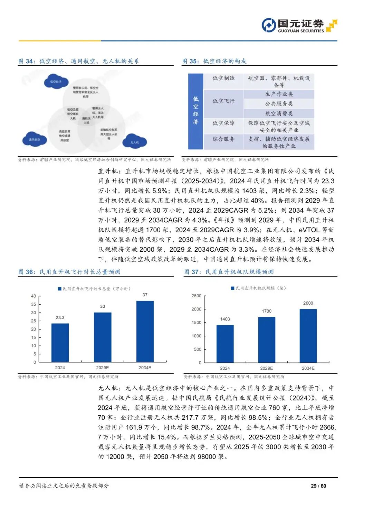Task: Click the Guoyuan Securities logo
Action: point(299,25)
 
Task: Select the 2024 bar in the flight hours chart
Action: point(60,343)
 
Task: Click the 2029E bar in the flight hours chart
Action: point(103,337)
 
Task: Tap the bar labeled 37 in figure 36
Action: point(145,331)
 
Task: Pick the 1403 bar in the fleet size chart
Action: point(225,344)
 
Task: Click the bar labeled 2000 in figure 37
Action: point(308,335)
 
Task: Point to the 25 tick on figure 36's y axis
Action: point(34,321)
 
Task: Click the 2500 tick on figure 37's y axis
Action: point(197,296)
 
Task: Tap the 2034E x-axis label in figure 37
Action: point(308,368)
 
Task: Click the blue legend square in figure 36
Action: point(60,289)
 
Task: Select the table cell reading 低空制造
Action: point(223,78)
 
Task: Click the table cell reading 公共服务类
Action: point(279,104)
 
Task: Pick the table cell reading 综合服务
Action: point(223,139)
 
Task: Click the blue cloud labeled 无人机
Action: point(135,141)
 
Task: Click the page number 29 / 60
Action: point(318,486)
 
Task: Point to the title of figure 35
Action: point(214,61)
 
